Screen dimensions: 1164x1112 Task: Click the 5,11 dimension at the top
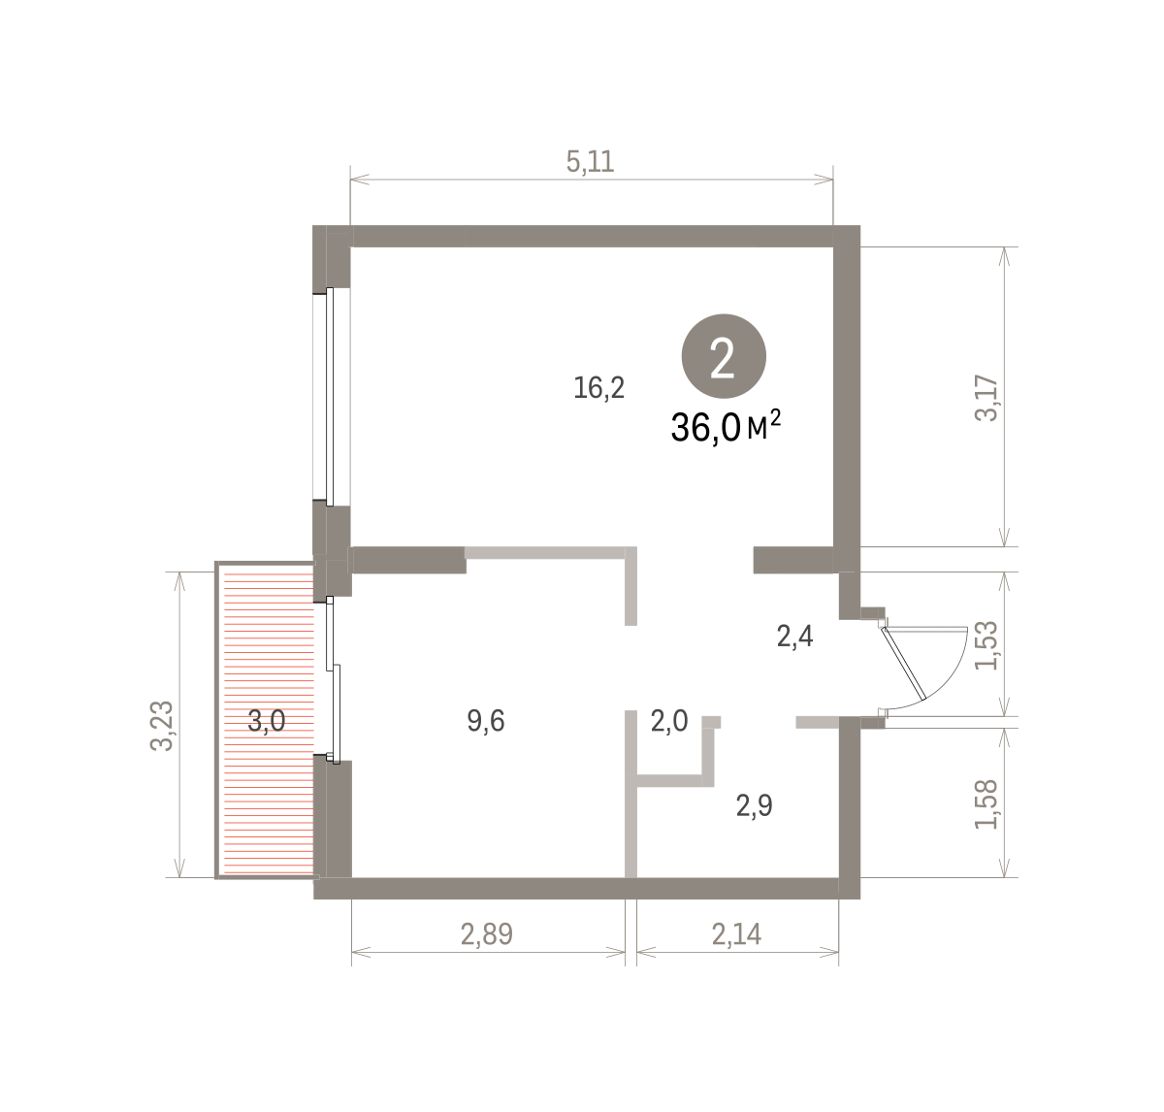(590, 162)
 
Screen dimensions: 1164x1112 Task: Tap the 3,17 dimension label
(986, 398)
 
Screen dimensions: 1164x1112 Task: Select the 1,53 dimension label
(986, 645)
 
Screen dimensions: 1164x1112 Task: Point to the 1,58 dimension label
(986, 803)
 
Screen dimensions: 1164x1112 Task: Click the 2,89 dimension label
(487, 933)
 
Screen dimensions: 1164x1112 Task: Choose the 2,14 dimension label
(736, 933)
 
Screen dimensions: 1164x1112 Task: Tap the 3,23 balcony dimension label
(161, 726)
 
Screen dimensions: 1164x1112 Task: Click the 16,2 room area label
(598, 388)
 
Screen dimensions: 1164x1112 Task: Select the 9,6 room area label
(486, 721)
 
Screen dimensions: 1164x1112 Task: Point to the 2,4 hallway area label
(795, 636)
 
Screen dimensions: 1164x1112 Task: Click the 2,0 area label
(669, 721)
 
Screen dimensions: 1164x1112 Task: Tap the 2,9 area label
(755, 805)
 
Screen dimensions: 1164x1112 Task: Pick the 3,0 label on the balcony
(266, 721)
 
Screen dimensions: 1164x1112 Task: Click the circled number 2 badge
(724, 356)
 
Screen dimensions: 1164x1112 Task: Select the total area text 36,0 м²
(726, 427)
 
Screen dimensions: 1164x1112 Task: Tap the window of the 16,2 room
(330, 396)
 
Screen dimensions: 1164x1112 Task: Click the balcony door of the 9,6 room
(333, 680)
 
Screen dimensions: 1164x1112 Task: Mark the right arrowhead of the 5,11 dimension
(824, 179)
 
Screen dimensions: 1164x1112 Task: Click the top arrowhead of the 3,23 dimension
(179, 581)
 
